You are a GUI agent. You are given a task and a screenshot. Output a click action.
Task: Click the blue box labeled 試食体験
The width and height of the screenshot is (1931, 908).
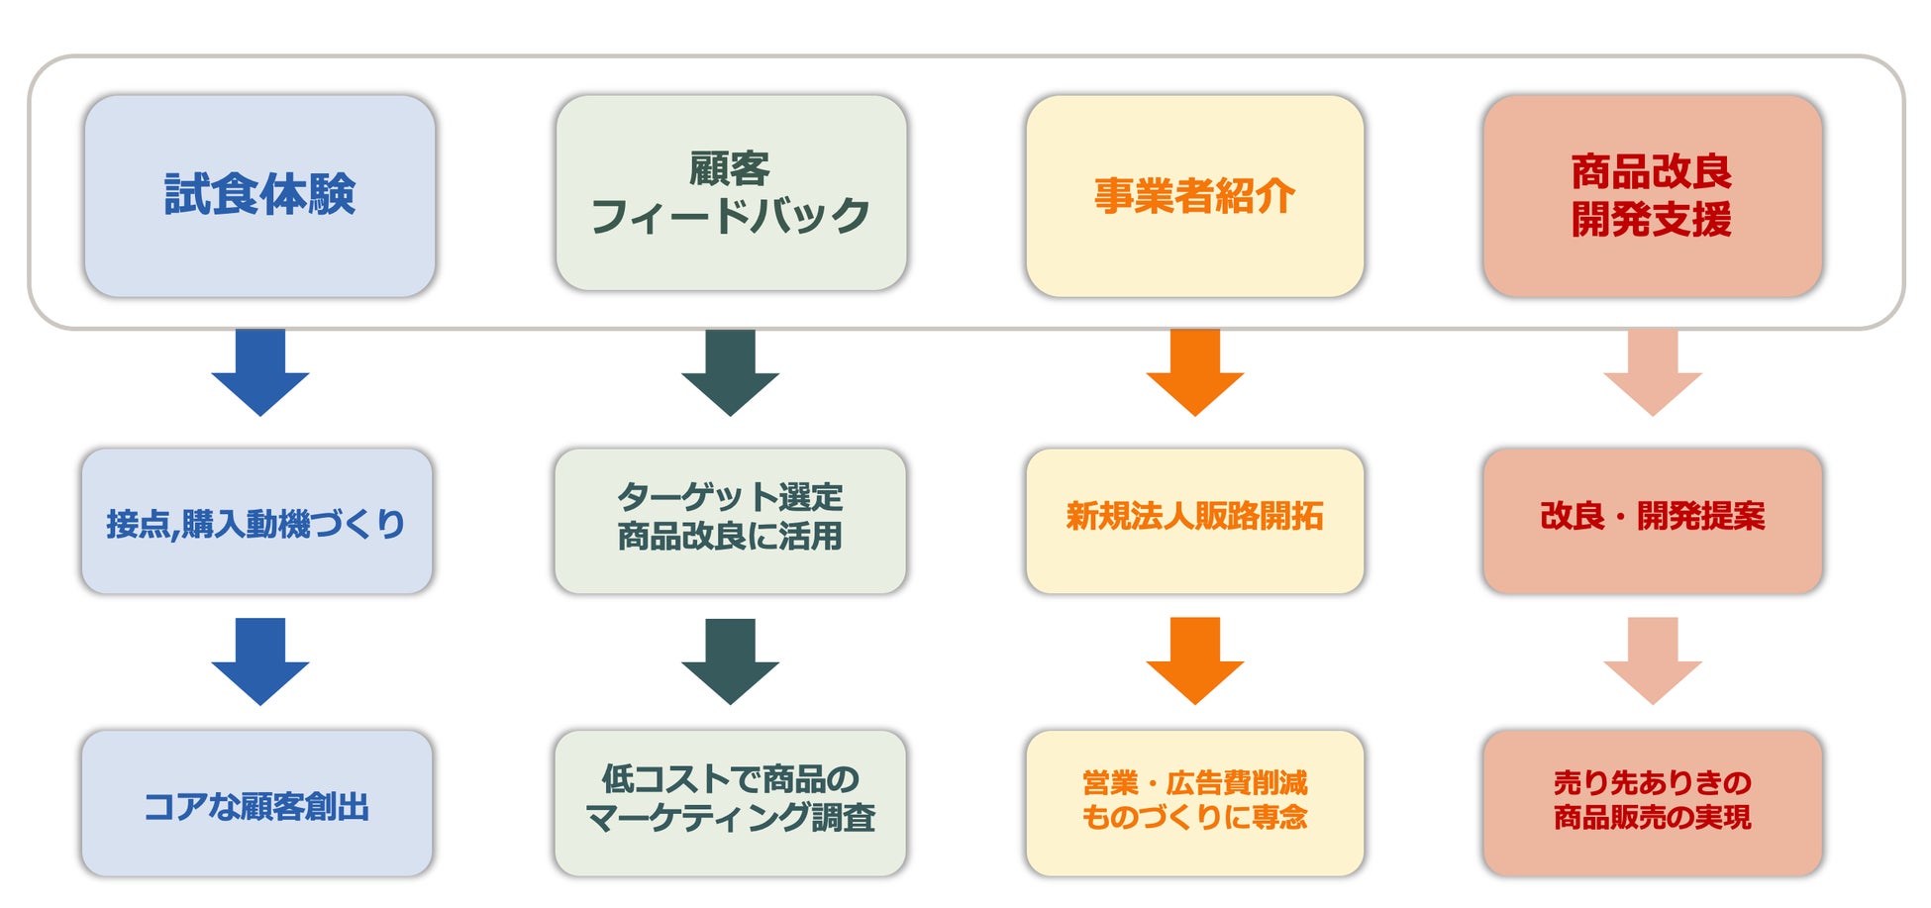259,196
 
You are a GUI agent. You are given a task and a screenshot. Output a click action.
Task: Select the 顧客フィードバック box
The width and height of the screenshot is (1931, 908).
731,193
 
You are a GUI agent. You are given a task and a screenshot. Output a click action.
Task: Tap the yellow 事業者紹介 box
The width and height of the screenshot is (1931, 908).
1194,196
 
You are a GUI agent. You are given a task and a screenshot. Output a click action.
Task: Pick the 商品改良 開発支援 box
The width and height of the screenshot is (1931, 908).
1652,196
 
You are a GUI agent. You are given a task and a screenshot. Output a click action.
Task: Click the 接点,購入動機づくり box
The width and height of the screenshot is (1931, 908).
256,522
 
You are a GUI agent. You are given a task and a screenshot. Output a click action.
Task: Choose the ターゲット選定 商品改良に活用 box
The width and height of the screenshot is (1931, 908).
730,521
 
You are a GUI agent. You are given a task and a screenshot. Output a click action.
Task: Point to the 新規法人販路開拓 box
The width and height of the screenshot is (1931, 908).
1194,521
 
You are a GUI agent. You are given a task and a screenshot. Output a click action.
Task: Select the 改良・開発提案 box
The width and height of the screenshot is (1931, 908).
1652,521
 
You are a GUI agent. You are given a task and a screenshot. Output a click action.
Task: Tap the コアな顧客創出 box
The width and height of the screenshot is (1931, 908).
256,804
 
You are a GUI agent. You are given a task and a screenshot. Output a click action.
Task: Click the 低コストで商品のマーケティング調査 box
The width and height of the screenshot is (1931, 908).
730,803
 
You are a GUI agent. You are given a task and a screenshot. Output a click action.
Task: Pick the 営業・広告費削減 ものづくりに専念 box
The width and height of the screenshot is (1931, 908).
1194,803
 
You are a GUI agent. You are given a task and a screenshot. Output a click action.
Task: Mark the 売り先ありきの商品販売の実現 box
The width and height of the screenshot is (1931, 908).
1652,803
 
